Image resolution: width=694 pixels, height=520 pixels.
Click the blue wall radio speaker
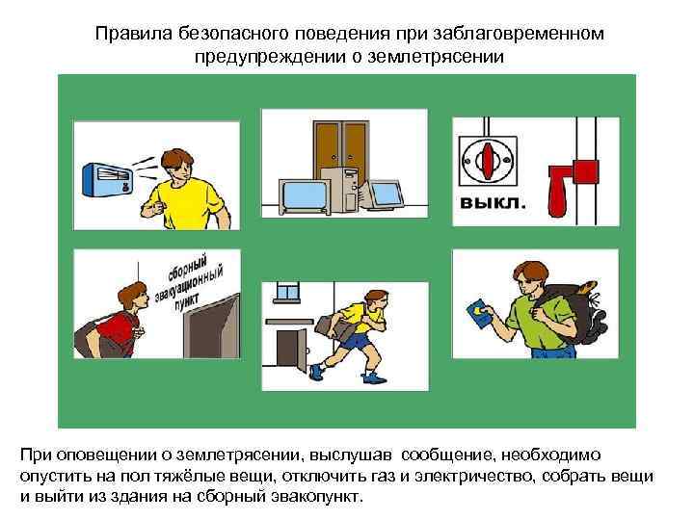(x=108, y=179)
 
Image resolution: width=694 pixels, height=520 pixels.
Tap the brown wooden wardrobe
(x=341, y=150)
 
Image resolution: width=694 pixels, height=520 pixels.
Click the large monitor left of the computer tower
(x=305, y=196)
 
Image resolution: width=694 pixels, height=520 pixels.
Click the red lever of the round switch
(x=488, y=160)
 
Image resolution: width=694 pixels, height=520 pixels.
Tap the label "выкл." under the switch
(x=493, y=202)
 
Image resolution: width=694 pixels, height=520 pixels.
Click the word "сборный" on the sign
(x=187, y=268)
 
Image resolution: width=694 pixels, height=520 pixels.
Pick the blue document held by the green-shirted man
(x=479, y=314)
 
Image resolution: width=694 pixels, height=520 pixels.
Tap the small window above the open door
(x=287, y=292)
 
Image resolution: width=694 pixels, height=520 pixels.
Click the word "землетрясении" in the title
(x=436, y=57)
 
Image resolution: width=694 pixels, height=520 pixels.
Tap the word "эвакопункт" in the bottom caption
(x=317, y=496)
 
